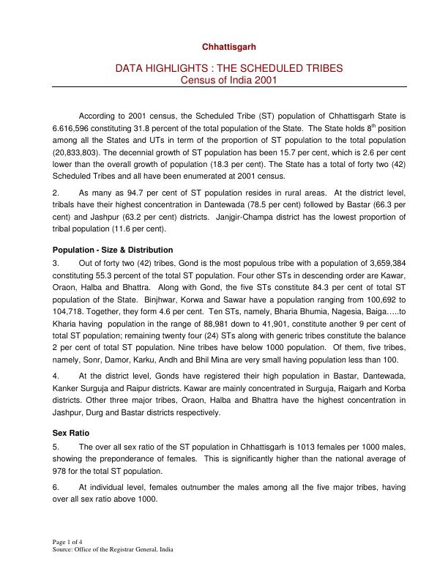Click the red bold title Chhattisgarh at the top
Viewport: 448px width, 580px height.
pyautogui.click(x=228, y=47)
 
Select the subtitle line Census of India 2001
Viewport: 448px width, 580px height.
pyautogui.click(x=228, y=80)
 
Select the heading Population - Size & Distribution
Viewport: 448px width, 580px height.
pyautogui.click(x=113, y=250)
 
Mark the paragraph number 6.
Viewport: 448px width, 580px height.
pyautogui.click(x=57, y=486)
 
